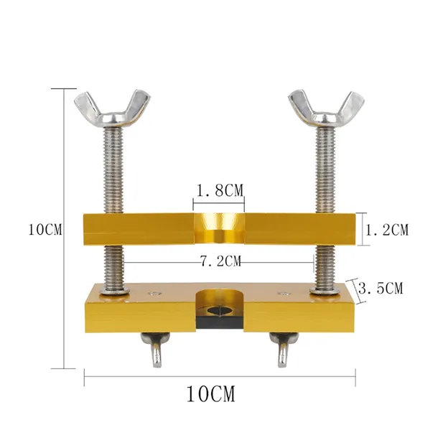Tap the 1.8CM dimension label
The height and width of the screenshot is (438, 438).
click(x=220, y=191)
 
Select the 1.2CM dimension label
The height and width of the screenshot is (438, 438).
click(x=387, y=230)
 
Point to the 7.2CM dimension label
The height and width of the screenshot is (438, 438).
click(x=220, y=261)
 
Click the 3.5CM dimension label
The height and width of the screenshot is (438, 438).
click(x=381, y=288)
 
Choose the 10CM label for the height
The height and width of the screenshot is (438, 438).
click(x=45, y=230)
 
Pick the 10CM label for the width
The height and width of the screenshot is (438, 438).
click(x=211, y=394)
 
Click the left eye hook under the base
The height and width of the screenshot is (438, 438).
click(x=155, y=349)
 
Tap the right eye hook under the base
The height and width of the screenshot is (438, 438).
click(x=284, y=349)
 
